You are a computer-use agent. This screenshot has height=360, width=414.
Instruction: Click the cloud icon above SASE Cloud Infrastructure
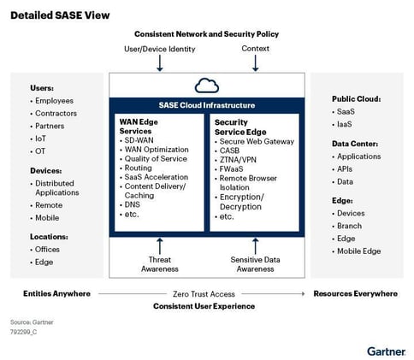pyautogui.click(x=207, y=86)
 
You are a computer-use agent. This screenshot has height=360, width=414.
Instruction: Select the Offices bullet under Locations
pyautogui.click(x=49, y=250)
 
